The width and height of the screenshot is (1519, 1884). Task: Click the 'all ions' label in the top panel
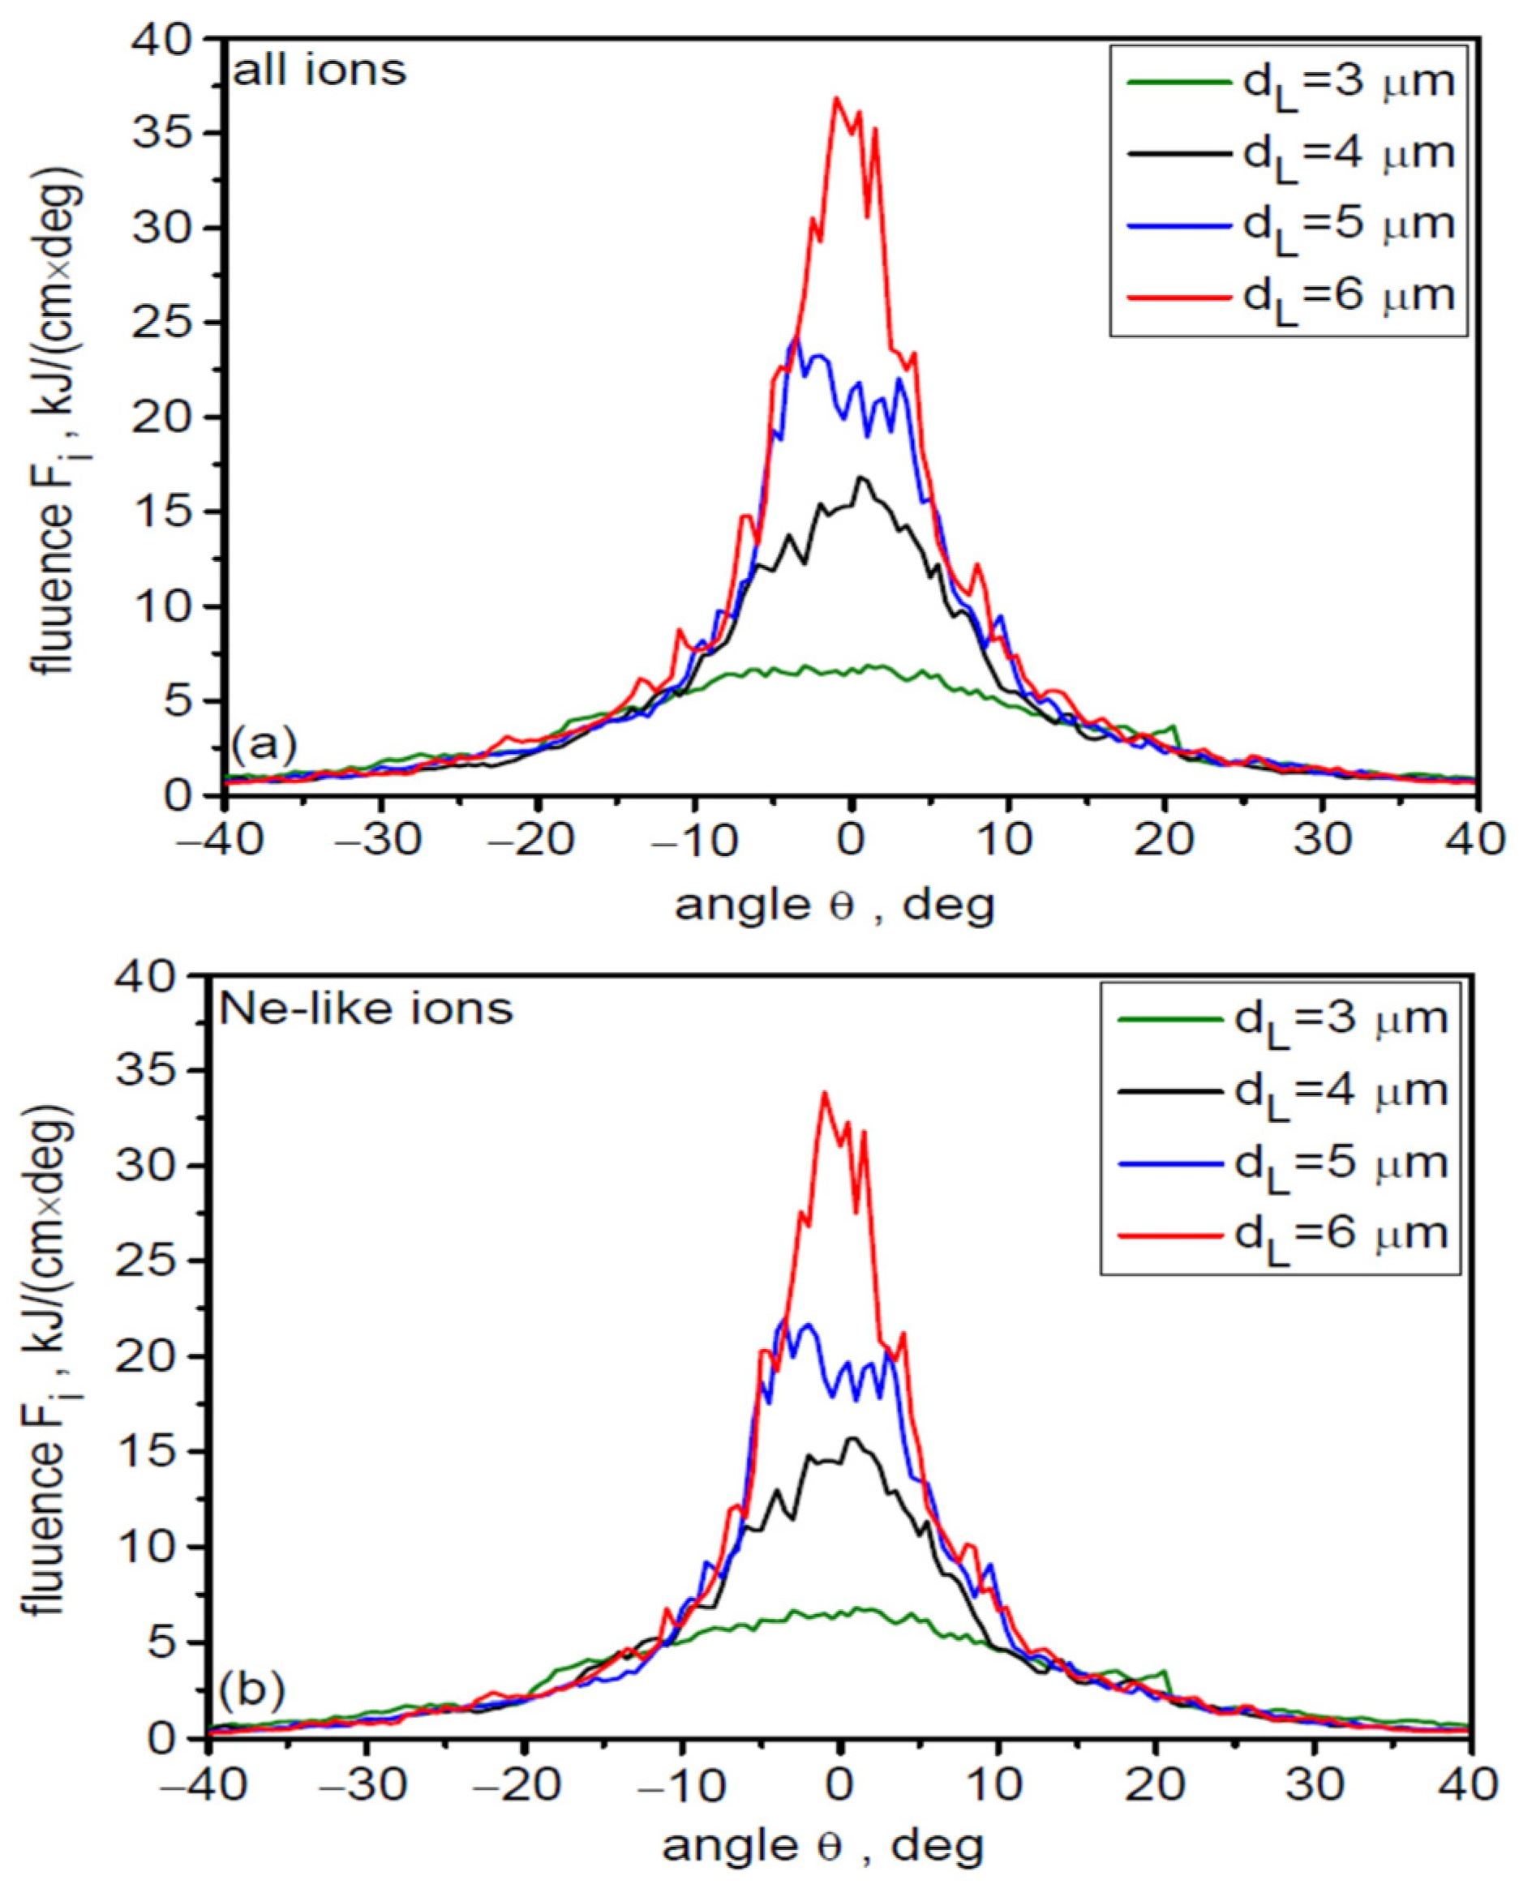[320, 71]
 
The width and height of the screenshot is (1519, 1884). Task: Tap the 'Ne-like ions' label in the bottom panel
[366, 1008]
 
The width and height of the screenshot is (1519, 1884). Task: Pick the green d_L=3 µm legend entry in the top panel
[1291, 82]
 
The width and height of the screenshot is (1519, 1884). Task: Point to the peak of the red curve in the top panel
[836, 98]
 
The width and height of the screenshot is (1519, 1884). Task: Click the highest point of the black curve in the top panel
[862, 477]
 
